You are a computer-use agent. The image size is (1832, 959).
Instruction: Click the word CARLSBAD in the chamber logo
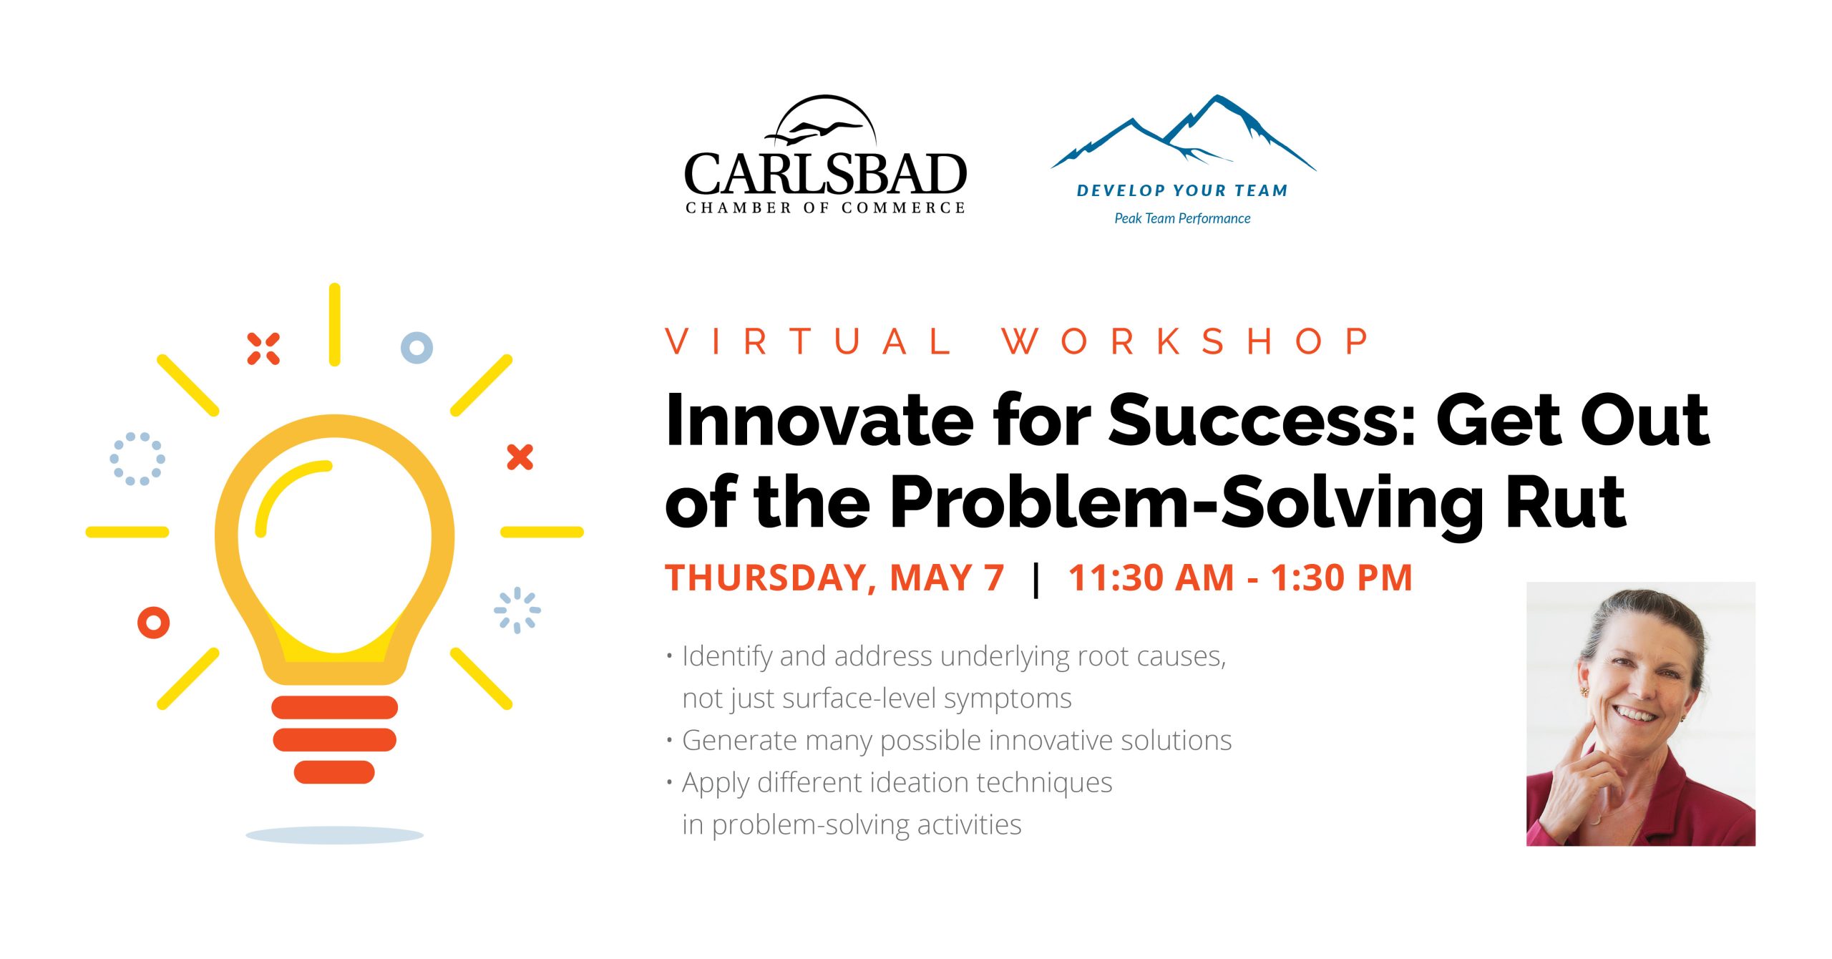(825, 174)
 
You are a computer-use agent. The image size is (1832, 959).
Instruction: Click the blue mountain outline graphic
(1183, 133)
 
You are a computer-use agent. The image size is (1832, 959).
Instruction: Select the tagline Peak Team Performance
(1182, 218)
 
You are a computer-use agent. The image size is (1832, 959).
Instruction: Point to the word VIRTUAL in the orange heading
(809, 341)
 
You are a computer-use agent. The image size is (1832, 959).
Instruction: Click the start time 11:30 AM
(1151, 578)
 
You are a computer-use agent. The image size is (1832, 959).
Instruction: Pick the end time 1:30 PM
(1342, 578)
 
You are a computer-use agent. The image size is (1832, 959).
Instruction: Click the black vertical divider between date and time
(1036, 579)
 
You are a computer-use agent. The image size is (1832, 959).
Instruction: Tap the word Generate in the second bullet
(739, 741)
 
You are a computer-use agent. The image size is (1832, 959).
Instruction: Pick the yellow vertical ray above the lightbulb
(334, 325)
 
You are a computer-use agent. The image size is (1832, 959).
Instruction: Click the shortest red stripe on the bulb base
(334, 772)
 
